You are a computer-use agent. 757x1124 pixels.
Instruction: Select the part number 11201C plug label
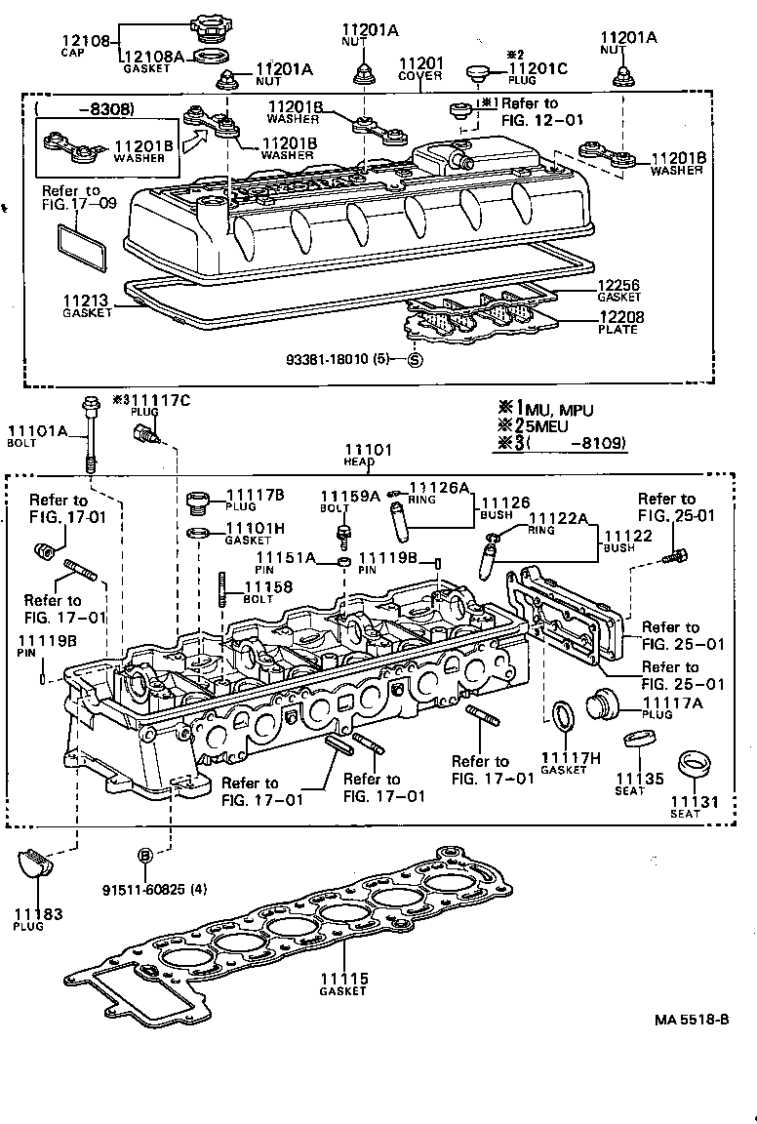(537, 69)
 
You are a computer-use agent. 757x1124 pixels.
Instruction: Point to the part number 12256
(619, 284)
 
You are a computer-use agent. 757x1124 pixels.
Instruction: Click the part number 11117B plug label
(256, 496)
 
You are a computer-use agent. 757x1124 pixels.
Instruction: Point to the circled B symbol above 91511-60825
(143, 854)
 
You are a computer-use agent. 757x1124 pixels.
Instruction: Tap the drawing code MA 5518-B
(692, 1020)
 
